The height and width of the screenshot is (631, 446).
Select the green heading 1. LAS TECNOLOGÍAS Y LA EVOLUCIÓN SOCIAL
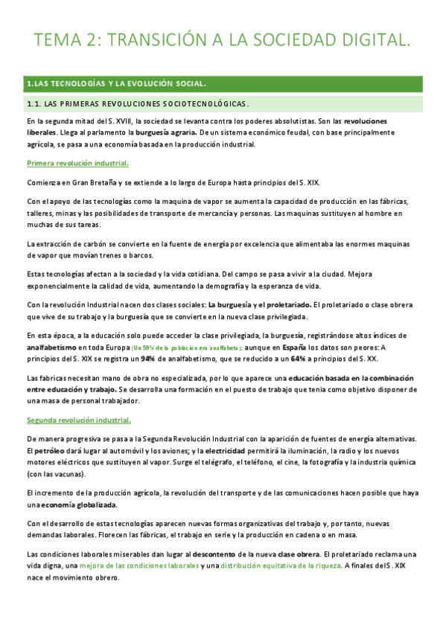coord(115,84)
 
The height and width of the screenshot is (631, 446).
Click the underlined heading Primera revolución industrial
coord(77,163)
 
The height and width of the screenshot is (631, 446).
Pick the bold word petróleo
coord(52,450)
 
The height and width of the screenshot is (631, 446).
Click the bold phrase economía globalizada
coord(73,504)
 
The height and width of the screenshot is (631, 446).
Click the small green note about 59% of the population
coord(186,348)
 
